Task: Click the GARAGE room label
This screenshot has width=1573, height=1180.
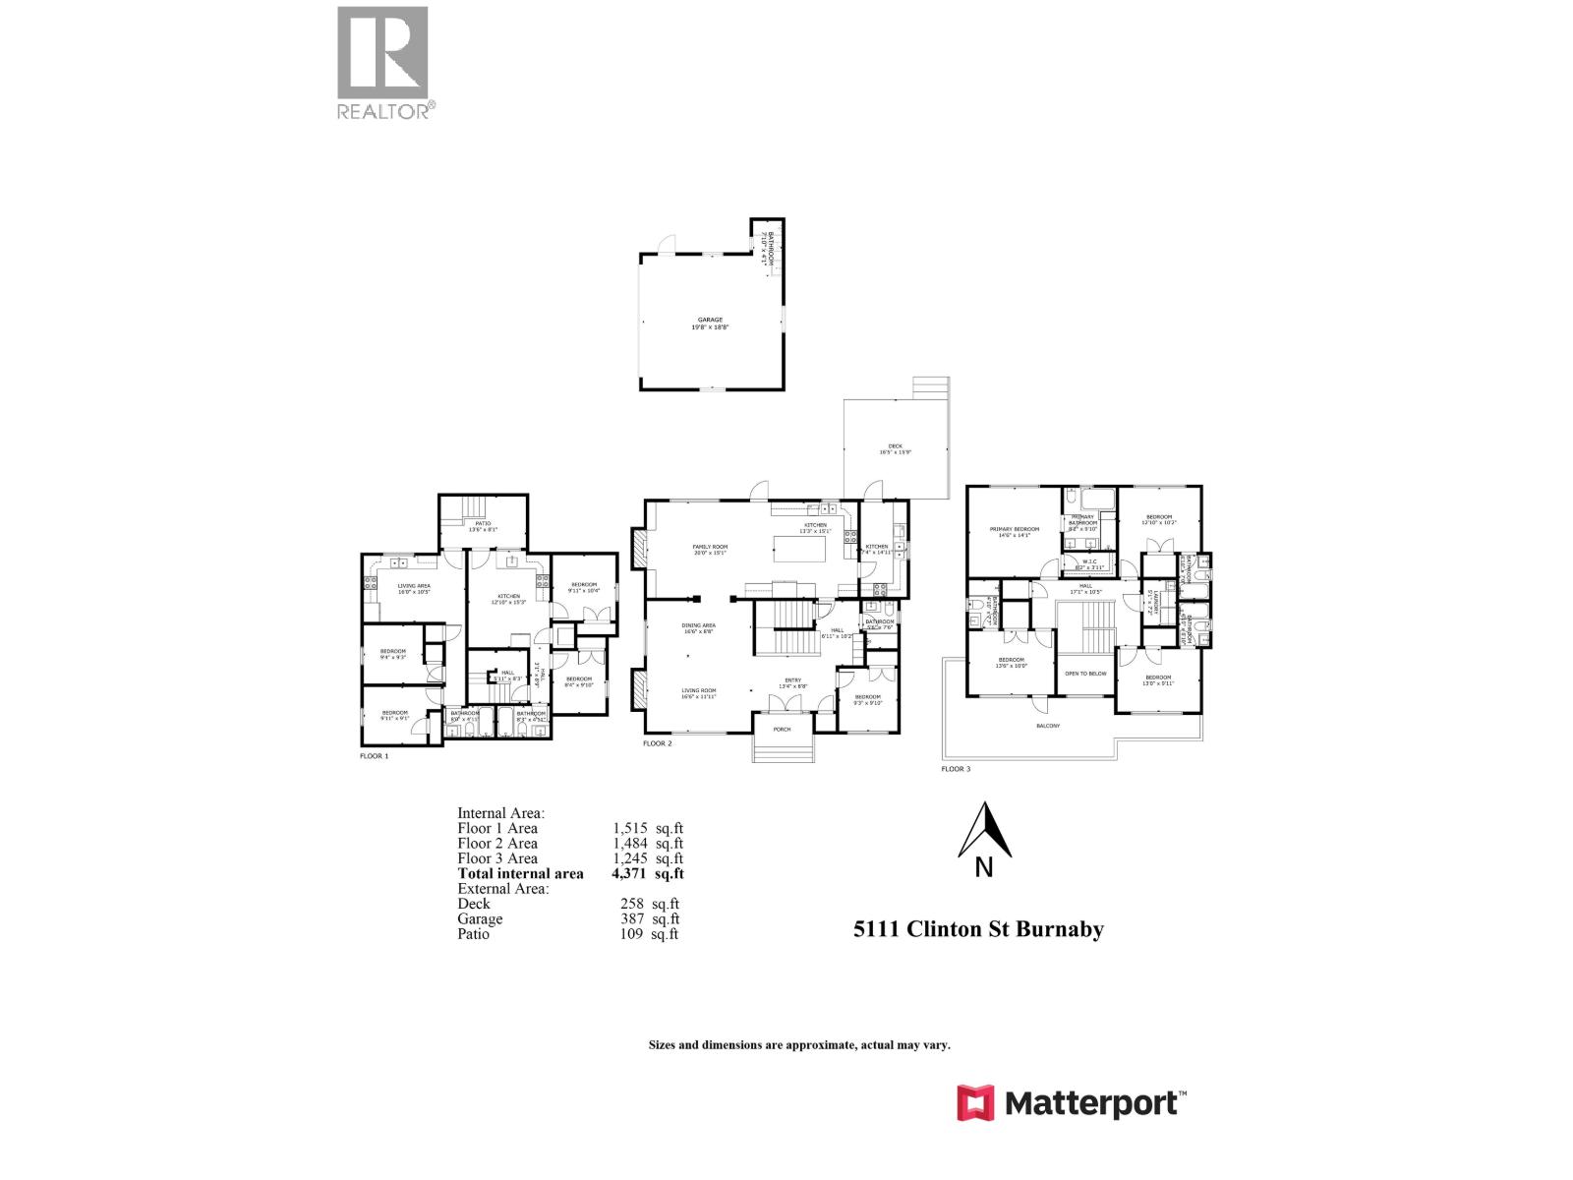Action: point(710,320)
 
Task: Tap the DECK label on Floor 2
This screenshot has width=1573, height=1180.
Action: point(895,446)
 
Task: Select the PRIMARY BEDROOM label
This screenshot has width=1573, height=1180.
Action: point(1014,529)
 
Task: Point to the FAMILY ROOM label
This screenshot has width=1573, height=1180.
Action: point(710,547)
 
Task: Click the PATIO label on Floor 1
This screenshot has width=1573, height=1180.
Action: point(483,523)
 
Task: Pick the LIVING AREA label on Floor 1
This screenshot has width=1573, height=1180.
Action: point(414,586)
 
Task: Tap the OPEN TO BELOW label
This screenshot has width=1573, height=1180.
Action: point(1085,674)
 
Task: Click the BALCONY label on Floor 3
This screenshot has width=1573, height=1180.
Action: point(1048,726)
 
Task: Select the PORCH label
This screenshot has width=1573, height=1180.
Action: point(783,730)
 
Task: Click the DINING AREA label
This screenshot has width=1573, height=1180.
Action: point(699,625)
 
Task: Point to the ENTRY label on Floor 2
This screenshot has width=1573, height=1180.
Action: point(791,680)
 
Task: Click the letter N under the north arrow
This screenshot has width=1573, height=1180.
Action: point(984,867)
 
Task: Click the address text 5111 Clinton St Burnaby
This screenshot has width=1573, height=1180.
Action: point(978,929)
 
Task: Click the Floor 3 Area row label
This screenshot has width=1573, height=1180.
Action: point(497,858)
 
